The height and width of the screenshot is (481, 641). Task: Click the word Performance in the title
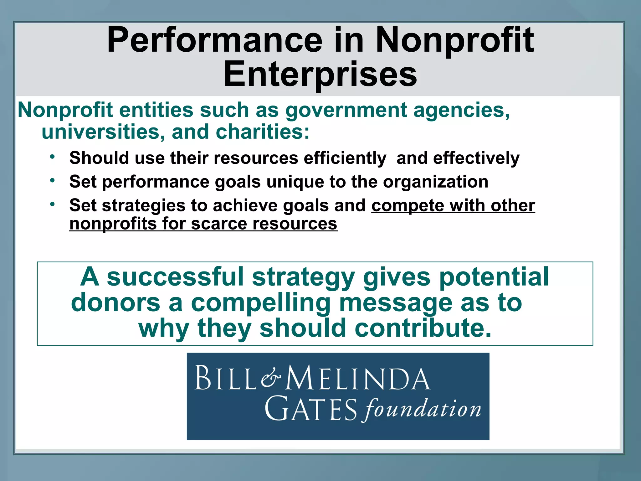[x=215, y=41]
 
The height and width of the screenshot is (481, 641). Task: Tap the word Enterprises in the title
[x=320, y=75]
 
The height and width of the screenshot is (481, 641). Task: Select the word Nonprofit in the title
[x=454, y=41]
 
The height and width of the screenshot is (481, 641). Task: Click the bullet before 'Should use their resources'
[x=52, y=156]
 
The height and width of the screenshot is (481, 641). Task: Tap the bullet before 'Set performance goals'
[x=52, y=180]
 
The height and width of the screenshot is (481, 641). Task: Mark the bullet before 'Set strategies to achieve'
[x=52, y=204]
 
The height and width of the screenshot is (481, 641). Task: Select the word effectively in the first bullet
[x=476, y=158]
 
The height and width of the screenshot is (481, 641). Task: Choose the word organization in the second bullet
[x=436, y=182]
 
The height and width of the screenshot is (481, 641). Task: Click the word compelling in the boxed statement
[x=261, y=303]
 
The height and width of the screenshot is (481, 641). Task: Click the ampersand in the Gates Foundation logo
[x=271, y=378]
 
